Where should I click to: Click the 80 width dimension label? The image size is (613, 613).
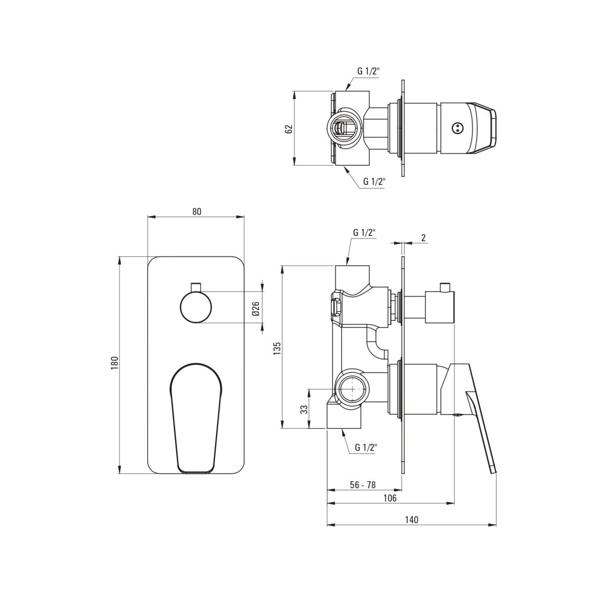pyautogui.click(x=197, y=212)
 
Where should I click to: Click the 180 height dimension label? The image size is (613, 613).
pyautogui.click(x=114, y=363)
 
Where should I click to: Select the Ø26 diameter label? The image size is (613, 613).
pyautogui.click(x=256, y=309)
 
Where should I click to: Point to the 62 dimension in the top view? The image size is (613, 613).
pyautogui.click(x=289, y=129)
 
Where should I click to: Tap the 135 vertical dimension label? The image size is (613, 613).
pyautogui.click(x=277, y=349)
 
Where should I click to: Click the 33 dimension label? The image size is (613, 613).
pyautogui.click(x=304, y=409)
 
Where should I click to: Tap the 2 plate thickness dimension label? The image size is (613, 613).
pyautogui.click(x=423, y=238)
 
